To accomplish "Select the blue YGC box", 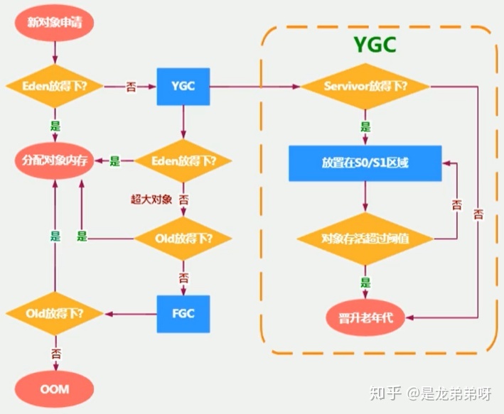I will tap(183, 87).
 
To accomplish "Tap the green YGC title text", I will tap(375, 44).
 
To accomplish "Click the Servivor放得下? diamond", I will tap(365, 87).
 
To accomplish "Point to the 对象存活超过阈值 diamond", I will tap(365, 237).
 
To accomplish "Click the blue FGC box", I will tap(183, 312).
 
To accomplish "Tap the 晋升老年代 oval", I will tap(365, 317).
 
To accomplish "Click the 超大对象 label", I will tap(151, 199).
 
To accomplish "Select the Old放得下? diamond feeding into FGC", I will tap(183, 237).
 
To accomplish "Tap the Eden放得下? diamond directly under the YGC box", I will tap(183, 161).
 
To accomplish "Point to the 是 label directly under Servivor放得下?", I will tap(365, 127).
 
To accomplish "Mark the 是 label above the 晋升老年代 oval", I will tap(365, 282).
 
